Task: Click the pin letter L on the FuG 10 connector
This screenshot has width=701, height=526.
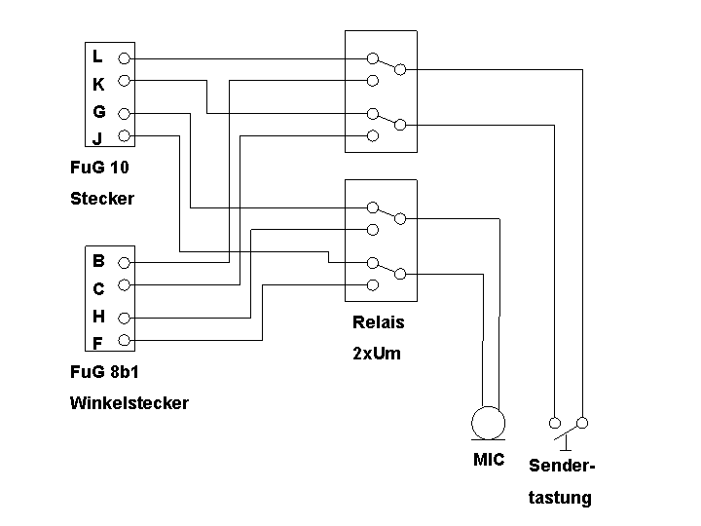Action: coord(98,57)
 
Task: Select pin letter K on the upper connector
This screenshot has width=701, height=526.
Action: coord(98,85)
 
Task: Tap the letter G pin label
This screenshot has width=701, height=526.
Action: coord(99,111)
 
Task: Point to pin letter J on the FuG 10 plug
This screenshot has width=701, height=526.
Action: coord(97,138)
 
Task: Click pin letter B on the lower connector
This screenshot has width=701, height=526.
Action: coord(98,261)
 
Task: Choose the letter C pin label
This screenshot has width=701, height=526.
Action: coord(98,288)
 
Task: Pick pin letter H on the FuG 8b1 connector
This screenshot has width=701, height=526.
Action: coord(98,316)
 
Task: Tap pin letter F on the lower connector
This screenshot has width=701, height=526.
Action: coord(97,342)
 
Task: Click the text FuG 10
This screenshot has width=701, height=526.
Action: coord(99,167)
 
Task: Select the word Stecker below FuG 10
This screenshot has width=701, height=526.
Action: coord(102,198)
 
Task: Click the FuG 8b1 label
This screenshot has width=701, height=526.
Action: coord(104,371)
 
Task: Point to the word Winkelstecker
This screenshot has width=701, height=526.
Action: coord(129,402)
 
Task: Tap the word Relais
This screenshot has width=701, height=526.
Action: coord(378,322)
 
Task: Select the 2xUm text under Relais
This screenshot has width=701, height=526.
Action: coord(377,354)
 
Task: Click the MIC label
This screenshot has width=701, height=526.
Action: coord(489,460)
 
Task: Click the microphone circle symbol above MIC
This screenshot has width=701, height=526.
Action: coord(489,424)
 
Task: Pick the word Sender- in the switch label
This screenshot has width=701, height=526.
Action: coord(562,466)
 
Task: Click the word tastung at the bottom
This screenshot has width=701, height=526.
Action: coord(560,498)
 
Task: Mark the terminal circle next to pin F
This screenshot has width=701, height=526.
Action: coord(124,341)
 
